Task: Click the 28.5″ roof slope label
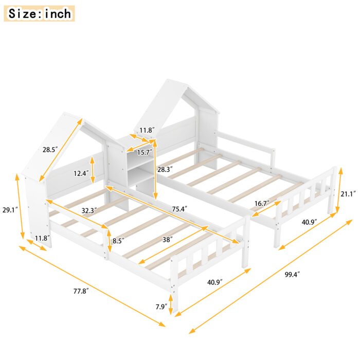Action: click(50, 150)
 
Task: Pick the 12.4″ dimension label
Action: click(80, 173)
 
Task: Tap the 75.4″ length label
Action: click(178, 209)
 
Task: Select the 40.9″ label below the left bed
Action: click(215, 282)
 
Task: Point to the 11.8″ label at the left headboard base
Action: click(43, 237)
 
